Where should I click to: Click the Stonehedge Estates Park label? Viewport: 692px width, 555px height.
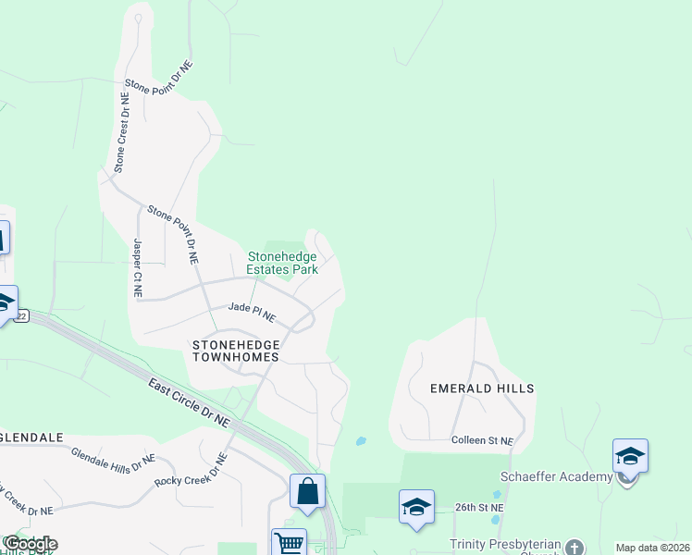[282, 263]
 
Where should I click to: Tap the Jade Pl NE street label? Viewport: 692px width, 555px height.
[253, 312]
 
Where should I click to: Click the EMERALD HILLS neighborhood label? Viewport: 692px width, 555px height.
[482, 388]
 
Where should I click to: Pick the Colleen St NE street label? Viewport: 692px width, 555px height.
[482, 441]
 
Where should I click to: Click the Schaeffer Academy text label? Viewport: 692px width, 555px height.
[556, 476]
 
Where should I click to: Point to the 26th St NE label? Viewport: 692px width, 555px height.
[479, 508]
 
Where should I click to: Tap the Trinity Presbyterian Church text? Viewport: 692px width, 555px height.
[505, 546]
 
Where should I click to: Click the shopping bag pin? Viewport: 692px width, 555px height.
[307, 491]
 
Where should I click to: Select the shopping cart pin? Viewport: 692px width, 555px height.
[289, 543]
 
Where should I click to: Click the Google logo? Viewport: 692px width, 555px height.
[30, 544]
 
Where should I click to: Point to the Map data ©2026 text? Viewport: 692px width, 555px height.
[651, 548]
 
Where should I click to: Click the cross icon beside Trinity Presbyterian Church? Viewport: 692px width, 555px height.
[575, 547]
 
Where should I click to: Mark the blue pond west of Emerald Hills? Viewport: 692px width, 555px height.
[361, 441]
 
